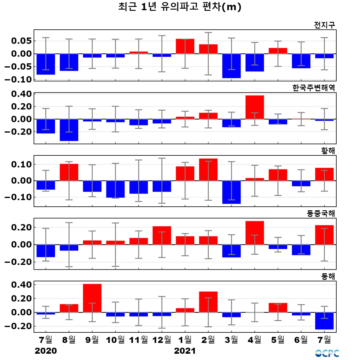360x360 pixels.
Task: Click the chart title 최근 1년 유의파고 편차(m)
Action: pos(180,7)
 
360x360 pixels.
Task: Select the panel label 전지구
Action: pos(324,25)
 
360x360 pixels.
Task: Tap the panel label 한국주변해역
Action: pos(313,88)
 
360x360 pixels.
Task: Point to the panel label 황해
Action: pos(328,151)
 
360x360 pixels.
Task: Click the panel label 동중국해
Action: pos(321,214)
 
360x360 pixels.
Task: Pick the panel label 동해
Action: pos(328,276)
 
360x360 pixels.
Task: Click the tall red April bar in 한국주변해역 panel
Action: pos(255,107)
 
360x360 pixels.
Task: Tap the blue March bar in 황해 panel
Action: pos(231,192)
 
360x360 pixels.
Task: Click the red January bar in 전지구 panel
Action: pos(185,46)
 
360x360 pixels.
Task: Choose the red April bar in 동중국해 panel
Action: pos(255,233)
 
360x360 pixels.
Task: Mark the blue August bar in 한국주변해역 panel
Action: pos(69,130)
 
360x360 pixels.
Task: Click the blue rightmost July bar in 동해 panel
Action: pos(324,321)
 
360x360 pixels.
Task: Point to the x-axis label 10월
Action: pos(115,340)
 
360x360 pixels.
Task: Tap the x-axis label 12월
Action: pos(162,340)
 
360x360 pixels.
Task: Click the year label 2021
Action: pos(185,351)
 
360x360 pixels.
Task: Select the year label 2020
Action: pos(46,351)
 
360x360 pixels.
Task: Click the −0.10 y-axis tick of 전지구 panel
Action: pos(18,79)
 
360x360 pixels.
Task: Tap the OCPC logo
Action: pos(327,353)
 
